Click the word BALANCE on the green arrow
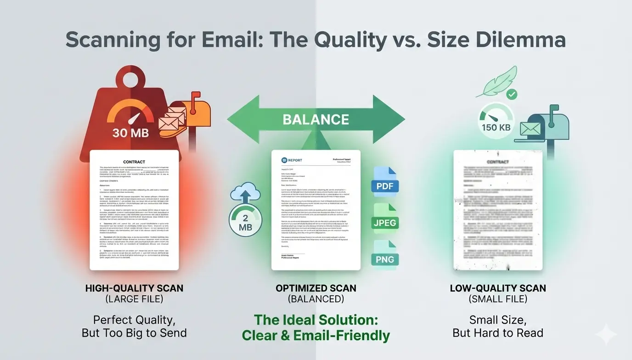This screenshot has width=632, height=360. point(316,119)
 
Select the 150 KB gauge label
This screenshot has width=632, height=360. point(496,127)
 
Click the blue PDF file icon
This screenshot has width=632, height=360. point(384,182)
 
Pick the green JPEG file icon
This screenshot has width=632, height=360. point(384,219)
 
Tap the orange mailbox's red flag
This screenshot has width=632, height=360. point(196,96)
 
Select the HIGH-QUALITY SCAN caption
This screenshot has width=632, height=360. point(134,288)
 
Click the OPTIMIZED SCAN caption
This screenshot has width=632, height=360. point(316,288)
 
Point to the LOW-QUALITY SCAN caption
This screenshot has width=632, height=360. point(498,288)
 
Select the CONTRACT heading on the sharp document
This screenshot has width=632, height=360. point(134,162)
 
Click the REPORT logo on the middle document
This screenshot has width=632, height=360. point(292,160)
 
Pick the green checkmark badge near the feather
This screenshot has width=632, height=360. point(511,95)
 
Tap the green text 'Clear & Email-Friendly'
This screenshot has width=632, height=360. point(316,336)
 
